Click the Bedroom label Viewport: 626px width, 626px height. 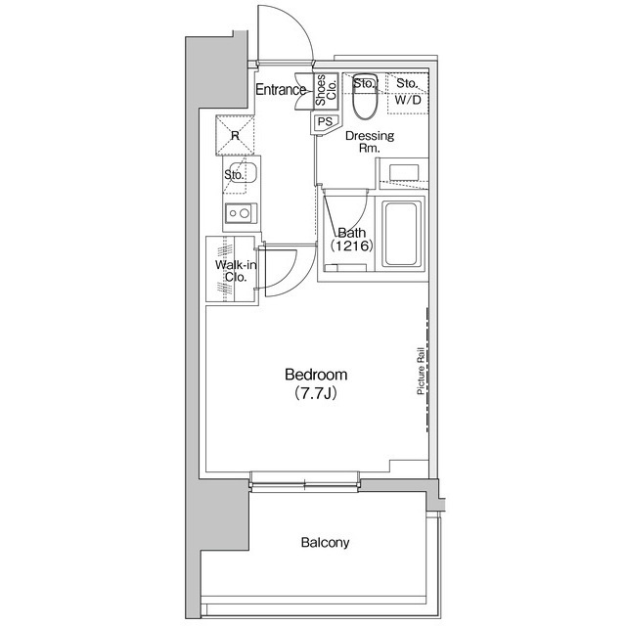tap(316, 375)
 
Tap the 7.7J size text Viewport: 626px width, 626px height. tap(316, 393)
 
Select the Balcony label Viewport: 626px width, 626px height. tap(325, 542)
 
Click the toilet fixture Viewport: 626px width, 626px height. tap(365, 96)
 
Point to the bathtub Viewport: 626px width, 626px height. tap(401, 234)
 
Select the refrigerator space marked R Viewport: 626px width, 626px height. tap(235, 135)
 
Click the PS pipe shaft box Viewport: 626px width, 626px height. tap(325, 122)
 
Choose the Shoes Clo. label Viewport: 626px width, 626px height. tap(326, 90)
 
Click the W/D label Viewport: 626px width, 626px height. tap(408, 100)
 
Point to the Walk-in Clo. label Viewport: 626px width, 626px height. tap(236, 271)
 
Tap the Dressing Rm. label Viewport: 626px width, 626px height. tap(370, 142)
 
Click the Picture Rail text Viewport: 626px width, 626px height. tap(421, 372)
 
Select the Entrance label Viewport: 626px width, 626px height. tap(281, 89)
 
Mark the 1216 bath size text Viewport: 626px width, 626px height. tap(351, 246)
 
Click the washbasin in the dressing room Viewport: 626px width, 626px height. tap(404, 172)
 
